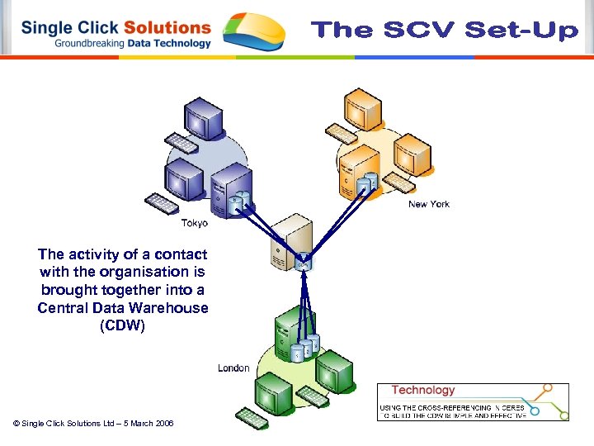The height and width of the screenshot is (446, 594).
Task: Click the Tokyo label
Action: click(x=195, y=223)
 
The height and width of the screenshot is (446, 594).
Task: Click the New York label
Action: click(x=429, y=204)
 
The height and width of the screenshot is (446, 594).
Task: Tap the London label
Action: click(x=233, y=368)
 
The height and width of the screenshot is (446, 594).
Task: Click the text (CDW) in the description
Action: click(x=122, y=325)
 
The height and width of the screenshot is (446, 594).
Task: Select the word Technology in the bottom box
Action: click(x=423, y=390)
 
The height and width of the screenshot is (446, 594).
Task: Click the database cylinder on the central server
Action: click(x=303, y=262)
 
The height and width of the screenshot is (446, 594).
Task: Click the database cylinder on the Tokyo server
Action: click(x=237, y=201)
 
